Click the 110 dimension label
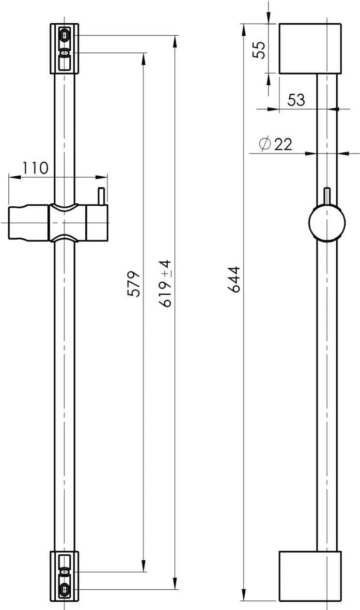click(x=35, y=168)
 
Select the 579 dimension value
click(x=134, y=284)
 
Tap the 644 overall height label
click(x=234, y=279)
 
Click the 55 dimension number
click(x=258, y=50)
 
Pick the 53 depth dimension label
click(x=296, y=100)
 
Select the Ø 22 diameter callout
click(x=276, y=144)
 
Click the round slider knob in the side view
click(x=327, y=223)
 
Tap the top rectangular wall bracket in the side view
click(x=310, y=48)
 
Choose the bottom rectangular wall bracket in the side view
click(x=310, y=576)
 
